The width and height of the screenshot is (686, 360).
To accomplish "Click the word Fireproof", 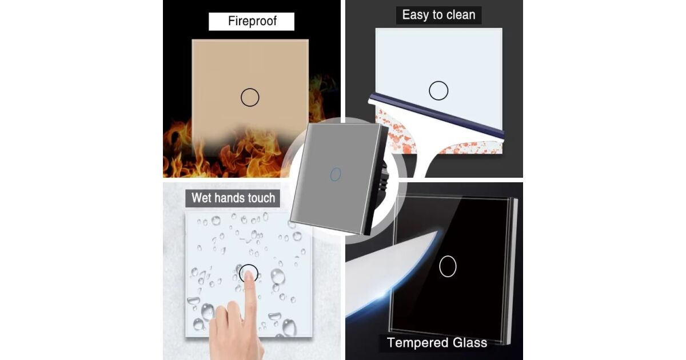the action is pyautogui.click(x=252, y=21).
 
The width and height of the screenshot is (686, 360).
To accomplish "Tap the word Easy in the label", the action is pyautogui.click(x=414, y=15).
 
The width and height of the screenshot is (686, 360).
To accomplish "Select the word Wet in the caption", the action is pyautogui.click(x=201, y=198).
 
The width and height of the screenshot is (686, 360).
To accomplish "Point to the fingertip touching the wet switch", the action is pyautogui.click(x=249, y=275).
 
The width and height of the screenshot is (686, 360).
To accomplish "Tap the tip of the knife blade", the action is pyautogui.click(x=438, y=232).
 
